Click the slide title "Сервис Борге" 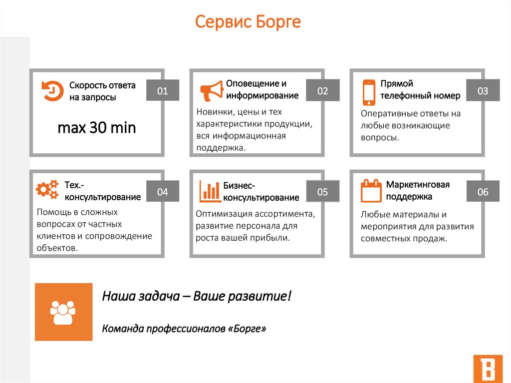[x=248, y=22]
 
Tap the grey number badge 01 [x=163, y=90]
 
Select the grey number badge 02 [x=323, y=90]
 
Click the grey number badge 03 [x=483, y=90]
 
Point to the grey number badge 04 [x=163, y=191]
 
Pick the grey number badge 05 [x=323, y=191]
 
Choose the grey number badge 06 [x=483, y=191]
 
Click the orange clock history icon [x=52, y=91]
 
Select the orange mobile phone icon [x=369, y=91]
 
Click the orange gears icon [x=47, y=190]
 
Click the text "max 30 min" [x=97, y=128]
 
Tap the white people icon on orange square [x=63, y=312]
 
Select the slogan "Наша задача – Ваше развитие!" [x=196, y=296]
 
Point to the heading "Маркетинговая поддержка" [x=418, y=190]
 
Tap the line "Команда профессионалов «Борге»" [x=184, y=329]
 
